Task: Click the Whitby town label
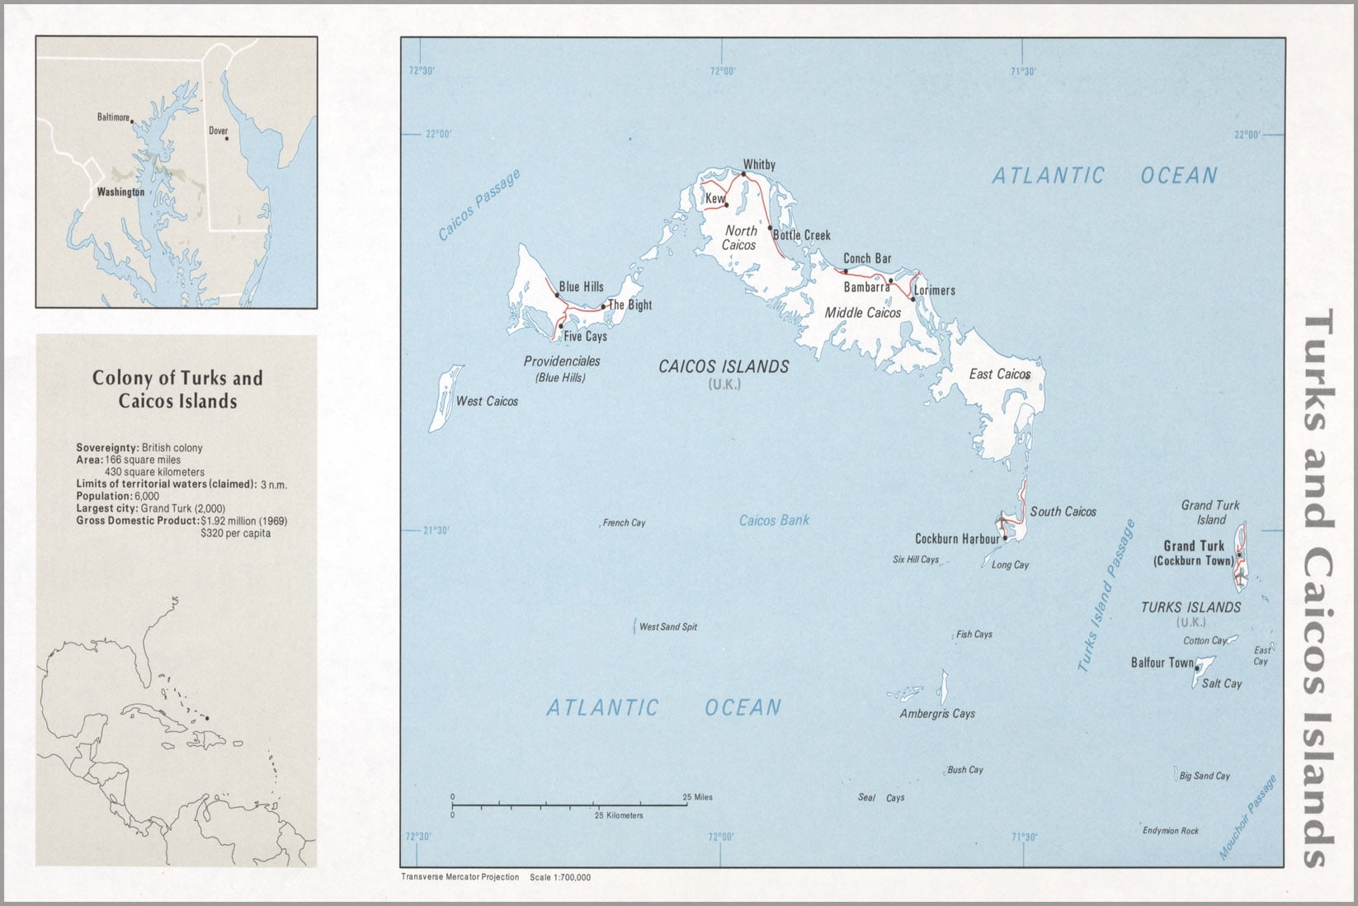pyautogui.click(x=759, y=164)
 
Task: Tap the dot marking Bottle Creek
pyautogui.click(x=771, y=228)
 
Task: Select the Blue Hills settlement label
pyautogui.click(x=581, y=286)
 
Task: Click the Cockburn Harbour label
pyautogui.click(x=957, y=538)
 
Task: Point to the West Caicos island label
pyautogui.click(x=487, y=401)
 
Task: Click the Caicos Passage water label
pyautogui.click(x=479, y=205)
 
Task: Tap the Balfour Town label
pyautogui.click(x=1162, y=663)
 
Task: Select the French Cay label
pyautogui.click(x=624, y=522)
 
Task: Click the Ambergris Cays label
pyautogui.click(x=936, y=714)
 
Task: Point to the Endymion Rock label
pyautogui.click(x=1170, y=830)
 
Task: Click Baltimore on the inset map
pyautogui.click(x=113, y=117)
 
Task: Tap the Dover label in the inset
pyautogui.click(x=218, y=130)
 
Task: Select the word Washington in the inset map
pyautogui.click(x=120, y=191)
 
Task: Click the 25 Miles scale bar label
pyautogui.click(x=697, y=797)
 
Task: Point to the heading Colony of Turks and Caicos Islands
pyautogui.click(x=177, y=389)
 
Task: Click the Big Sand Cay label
pyautogui.click(x=1204, y=776)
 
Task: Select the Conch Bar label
pyautogui.click(x=867, y=258)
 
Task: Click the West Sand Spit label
pyautogui.click(x=667, y=626)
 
